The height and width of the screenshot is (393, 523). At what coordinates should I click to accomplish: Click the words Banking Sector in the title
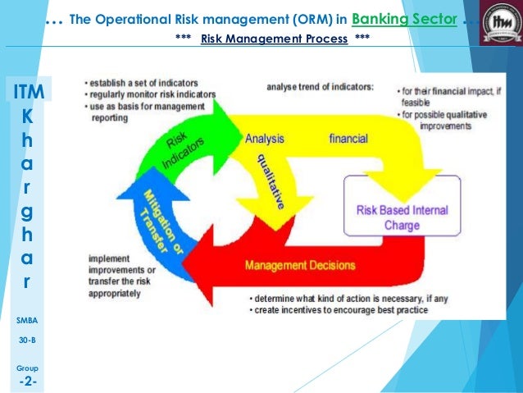pos(404,18)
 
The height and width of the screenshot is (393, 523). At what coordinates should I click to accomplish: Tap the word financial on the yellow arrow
pos(348,139)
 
